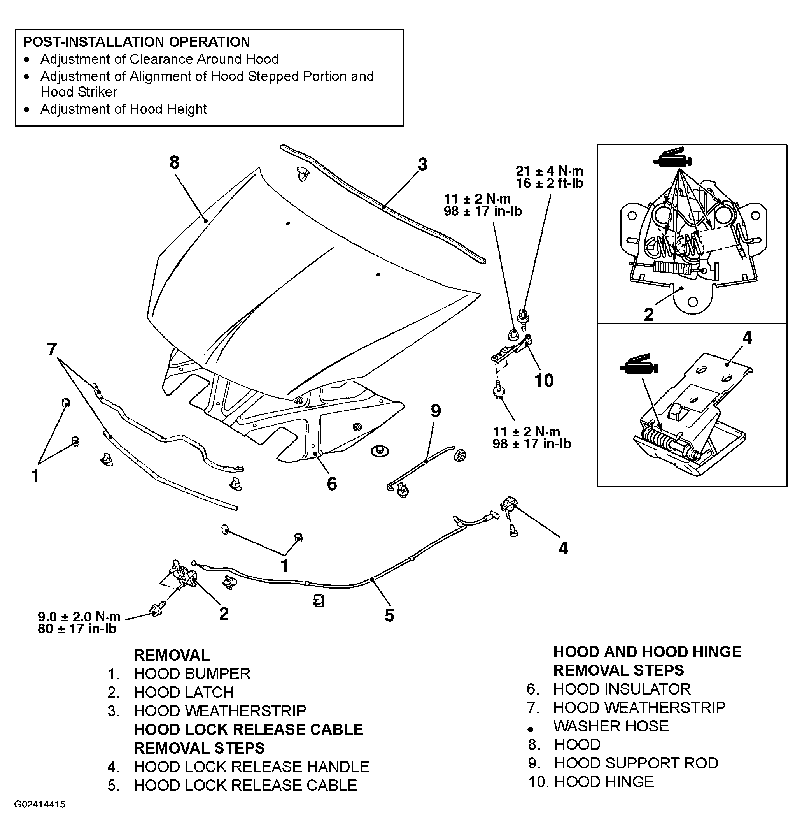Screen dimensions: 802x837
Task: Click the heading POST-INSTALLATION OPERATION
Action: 137,42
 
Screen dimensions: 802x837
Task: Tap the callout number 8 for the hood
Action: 175,163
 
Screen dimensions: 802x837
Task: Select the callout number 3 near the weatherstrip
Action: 422,164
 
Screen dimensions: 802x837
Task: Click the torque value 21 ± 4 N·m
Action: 550,171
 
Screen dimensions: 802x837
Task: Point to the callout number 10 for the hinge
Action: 544,380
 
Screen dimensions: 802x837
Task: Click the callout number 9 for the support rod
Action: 436,411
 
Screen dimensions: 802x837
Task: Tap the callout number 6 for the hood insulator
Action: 332,484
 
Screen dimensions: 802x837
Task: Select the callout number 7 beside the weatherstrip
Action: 52,349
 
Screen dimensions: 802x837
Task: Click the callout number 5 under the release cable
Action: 389,615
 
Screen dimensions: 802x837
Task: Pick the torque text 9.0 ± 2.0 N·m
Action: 79,617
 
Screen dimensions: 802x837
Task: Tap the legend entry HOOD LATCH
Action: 184,692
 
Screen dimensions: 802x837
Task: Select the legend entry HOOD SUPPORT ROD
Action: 636,763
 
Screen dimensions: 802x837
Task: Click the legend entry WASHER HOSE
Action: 611,726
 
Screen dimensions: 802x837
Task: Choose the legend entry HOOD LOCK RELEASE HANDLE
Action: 251,767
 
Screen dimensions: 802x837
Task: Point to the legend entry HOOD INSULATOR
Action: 622,689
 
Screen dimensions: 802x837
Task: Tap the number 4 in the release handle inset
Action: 747,338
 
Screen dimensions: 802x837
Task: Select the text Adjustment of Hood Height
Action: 123,109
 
